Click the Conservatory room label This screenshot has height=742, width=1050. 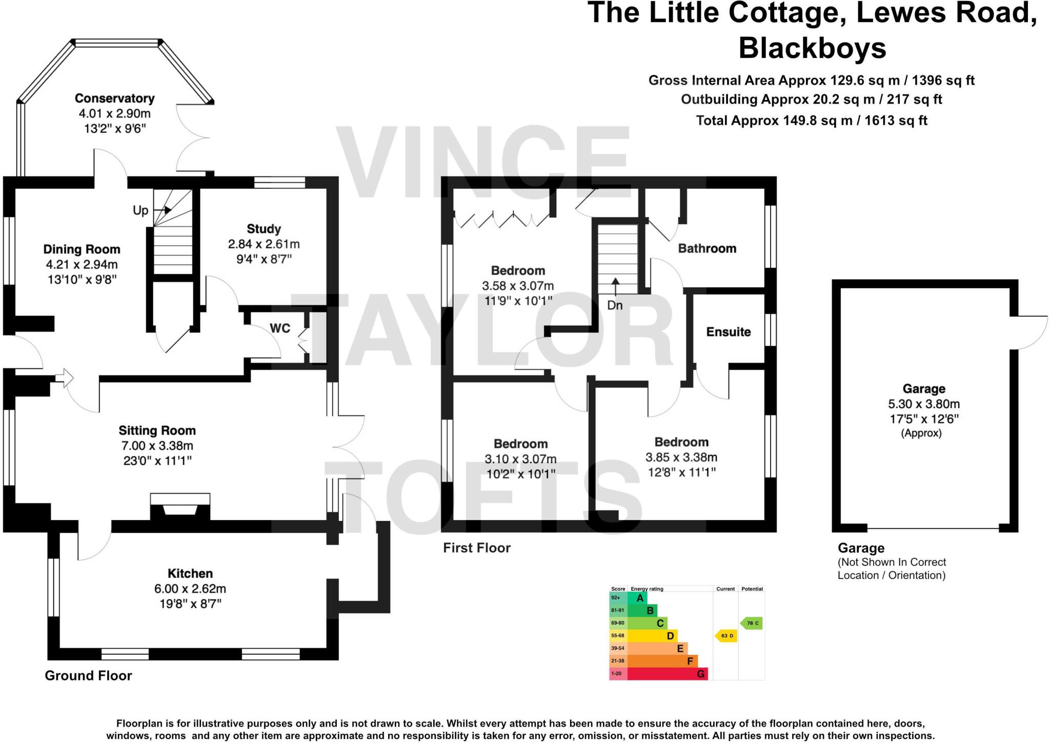click(114, 98)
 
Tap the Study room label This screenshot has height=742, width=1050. click(264, 229)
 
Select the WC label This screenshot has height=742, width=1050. click(280, 328)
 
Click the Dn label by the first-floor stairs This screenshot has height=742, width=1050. click(615, 305)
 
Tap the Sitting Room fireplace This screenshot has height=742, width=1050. click(180, 507)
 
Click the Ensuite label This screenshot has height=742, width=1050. click(728, 332)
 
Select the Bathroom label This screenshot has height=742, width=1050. click(707, 249)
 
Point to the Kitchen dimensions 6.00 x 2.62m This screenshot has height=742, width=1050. click(190, 589)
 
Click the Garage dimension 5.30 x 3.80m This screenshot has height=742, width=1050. click(924, 404)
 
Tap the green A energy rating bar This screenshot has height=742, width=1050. click(640, 598)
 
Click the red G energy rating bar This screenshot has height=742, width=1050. click(667, 674)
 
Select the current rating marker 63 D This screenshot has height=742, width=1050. click(726, 636)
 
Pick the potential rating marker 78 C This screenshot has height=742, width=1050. click(752, 623)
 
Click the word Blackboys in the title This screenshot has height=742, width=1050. click(812, 48)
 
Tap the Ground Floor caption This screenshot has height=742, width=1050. click(88, 675)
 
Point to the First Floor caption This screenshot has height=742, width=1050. click(477, 548)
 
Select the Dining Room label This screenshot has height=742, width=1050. click(82, 249)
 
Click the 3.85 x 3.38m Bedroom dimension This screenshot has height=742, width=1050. click(681, 457)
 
